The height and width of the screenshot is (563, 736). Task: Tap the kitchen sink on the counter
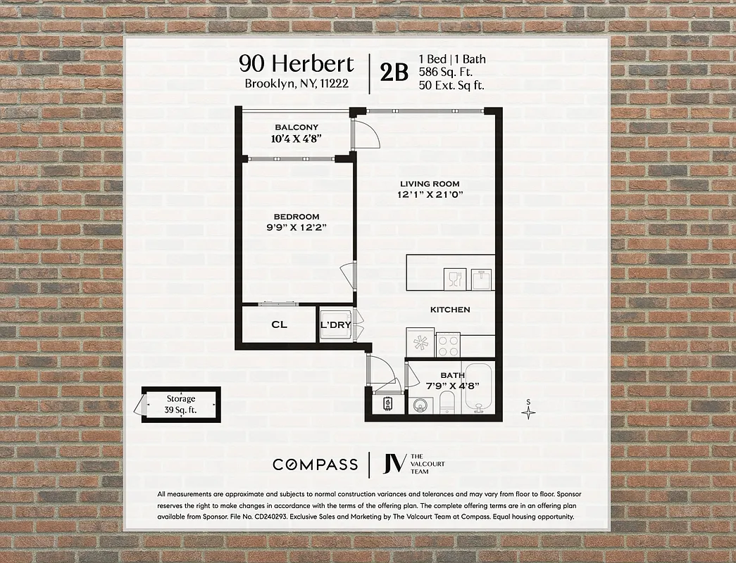pyautogui.click(x=480, y=279)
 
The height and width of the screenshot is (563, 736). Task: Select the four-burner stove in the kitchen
pyautogui.click(x=449, y=345)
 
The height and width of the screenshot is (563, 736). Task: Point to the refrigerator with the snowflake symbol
pyautogui.click(x=420, y=343)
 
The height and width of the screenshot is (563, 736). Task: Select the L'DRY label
pyautogui.click(x=335, y=325)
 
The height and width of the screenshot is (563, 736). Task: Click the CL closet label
pyautogui.click(x=280, y=325)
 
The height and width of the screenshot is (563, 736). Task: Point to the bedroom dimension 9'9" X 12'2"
pyautogui.click(x=297, y=227)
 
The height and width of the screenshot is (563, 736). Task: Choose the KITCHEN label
pyautogui.click(x=450, y=310)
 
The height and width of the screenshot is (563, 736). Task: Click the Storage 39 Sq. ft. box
pyautogui.click(x=181, y=404)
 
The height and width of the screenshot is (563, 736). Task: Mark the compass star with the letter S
pyautogui.click(x=528, y=411)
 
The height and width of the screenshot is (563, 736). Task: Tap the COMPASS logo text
pyautogui.click(x=315, y=464)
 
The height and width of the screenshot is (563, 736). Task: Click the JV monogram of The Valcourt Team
pyautogui.click(x=394, y=464)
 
